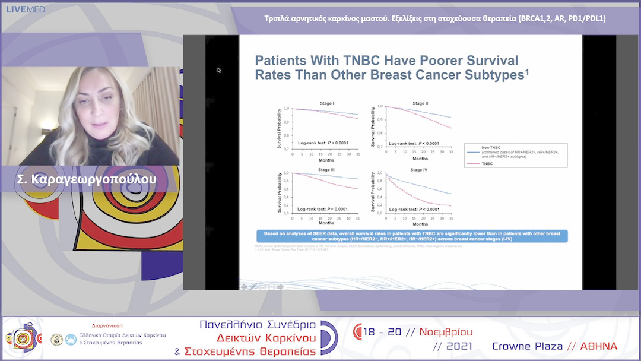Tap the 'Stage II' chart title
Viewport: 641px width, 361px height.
(x=420, y=103)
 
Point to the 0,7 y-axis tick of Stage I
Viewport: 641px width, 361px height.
(x=287, y=148)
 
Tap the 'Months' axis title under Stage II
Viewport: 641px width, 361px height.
(x=420, y=159)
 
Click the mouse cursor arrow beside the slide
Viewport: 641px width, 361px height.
(x=218, y=69)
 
